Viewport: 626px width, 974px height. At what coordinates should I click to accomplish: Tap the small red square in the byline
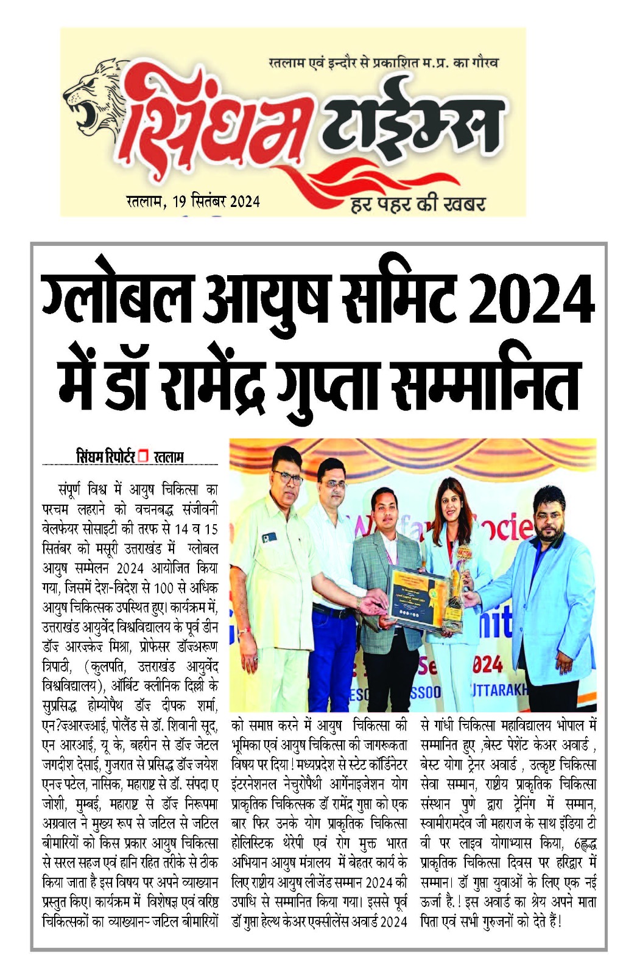143,456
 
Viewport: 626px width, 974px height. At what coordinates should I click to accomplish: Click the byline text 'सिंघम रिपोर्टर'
105,457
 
